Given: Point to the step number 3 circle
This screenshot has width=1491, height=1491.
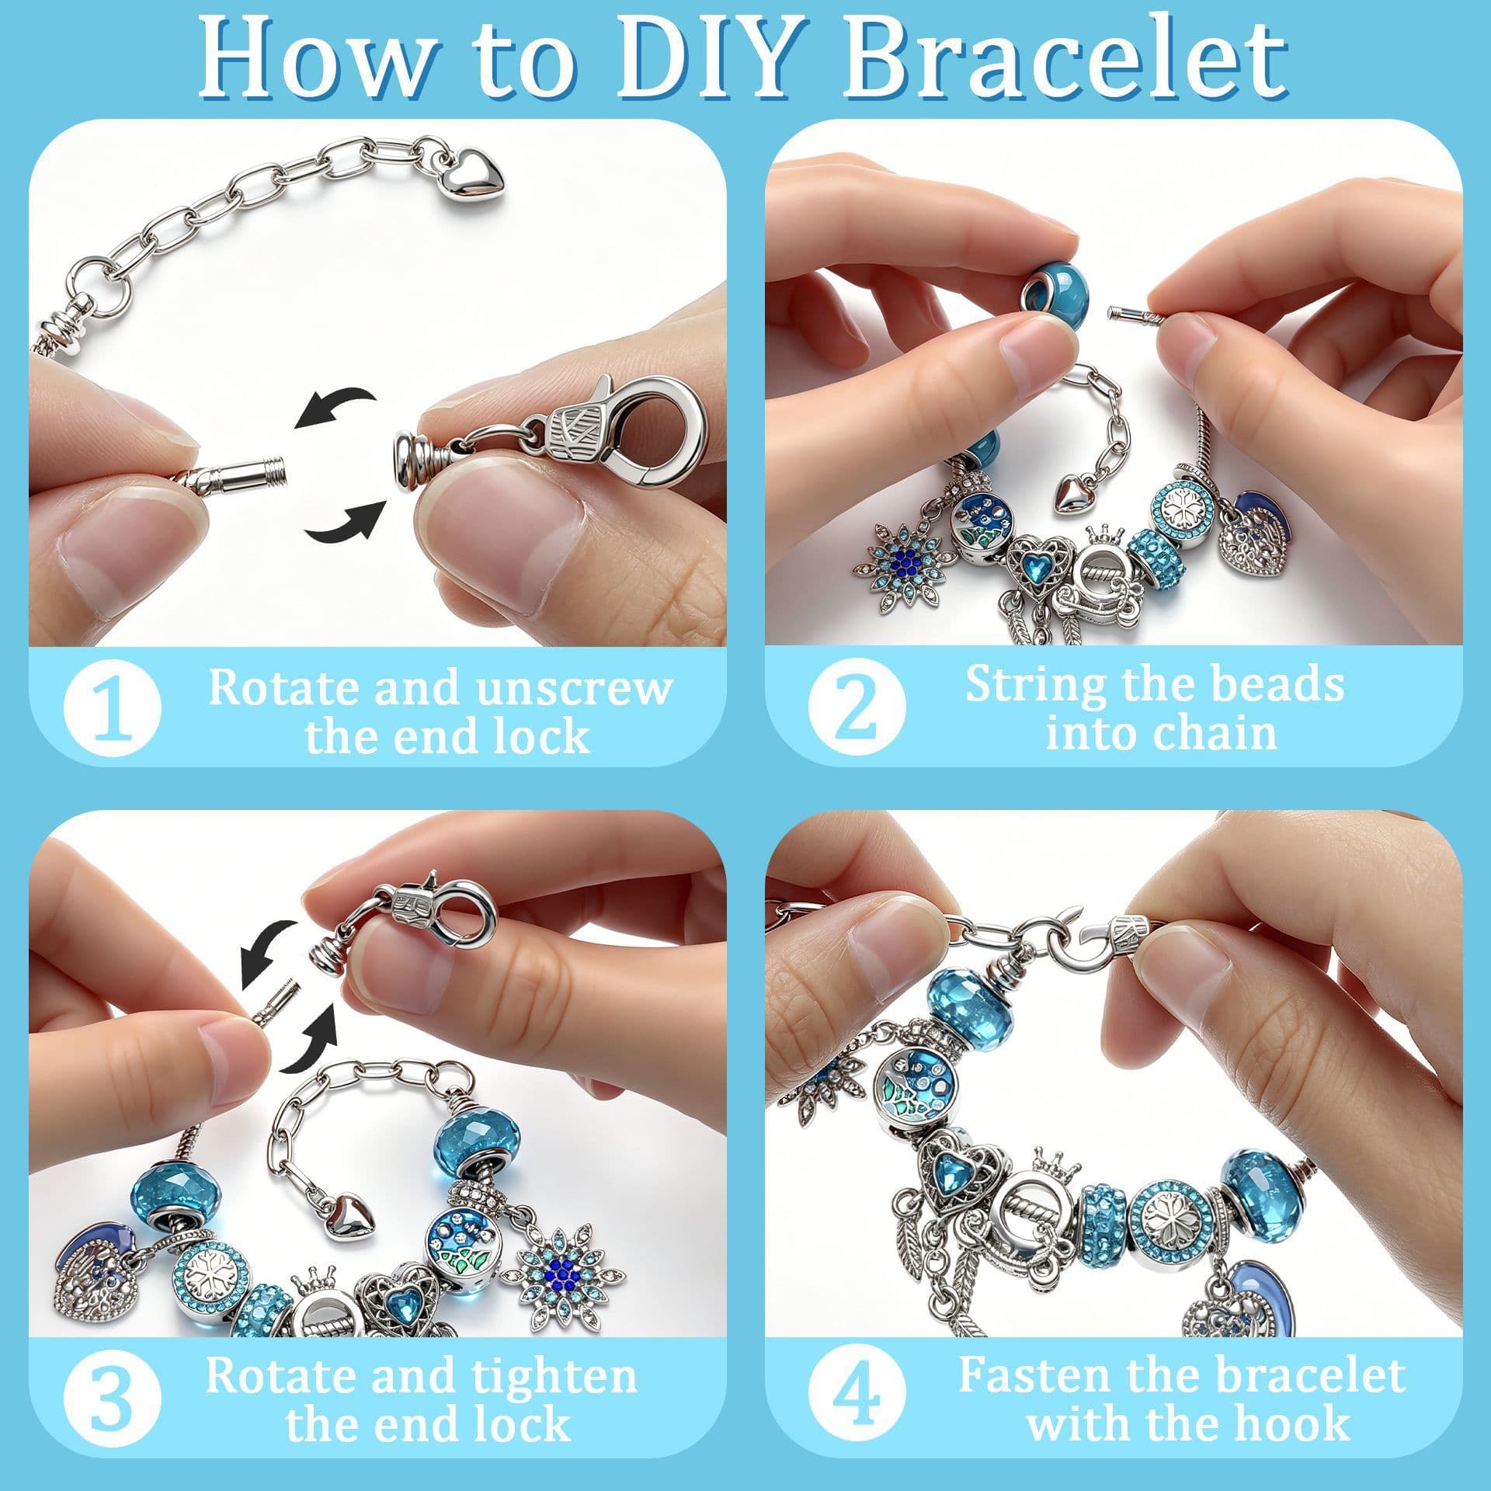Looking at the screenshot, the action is [113, 1399].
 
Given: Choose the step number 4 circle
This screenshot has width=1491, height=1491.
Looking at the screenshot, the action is [857, 1399].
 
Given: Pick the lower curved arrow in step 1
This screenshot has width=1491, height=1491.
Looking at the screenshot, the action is [346, 518].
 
